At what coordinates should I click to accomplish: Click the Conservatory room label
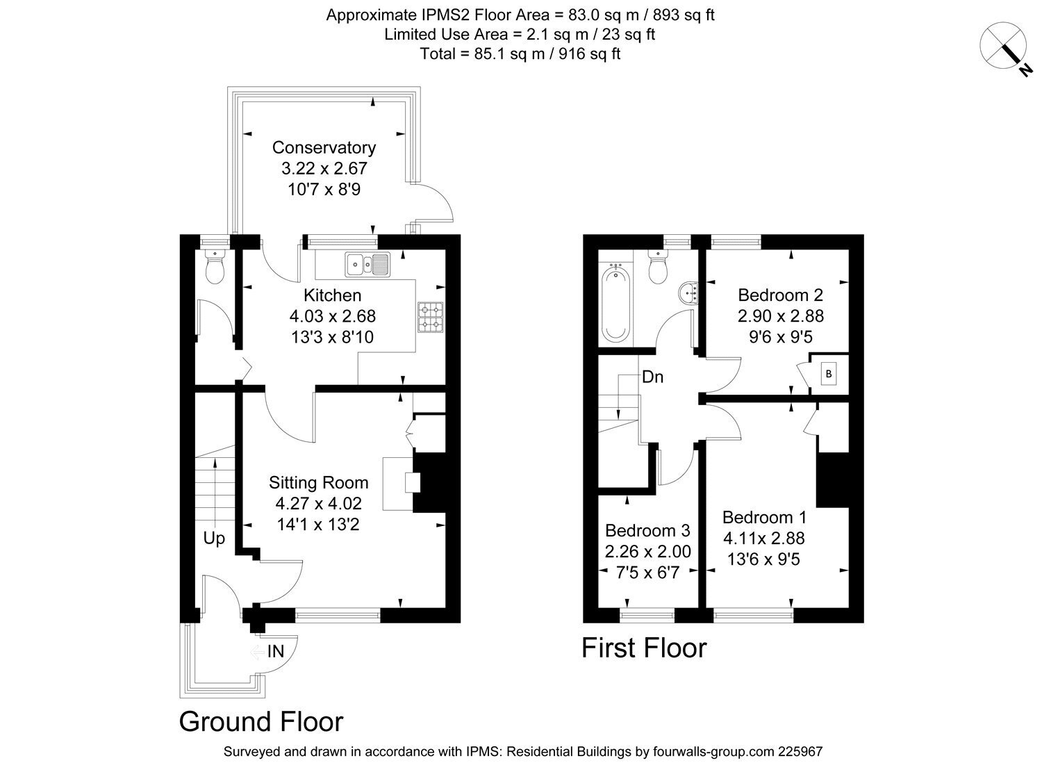pos(324,147)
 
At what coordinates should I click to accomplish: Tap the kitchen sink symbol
pos(367,265)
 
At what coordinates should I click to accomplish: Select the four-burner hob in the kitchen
pos(430,318)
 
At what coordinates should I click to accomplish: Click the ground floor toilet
pos(215,267)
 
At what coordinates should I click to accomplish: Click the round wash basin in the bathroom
pos(689,293)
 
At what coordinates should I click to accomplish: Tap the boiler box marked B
pos(829,374)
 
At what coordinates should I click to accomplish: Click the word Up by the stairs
pos(214,539)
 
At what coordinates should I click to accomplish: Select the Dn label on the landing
pos(653,377)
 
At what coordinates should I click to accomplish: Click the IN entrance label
pos(275,651)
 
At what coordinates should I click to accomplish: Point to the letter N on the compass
pos(1025,69)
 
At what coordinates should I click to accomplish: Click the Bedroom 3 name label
pos(647,530)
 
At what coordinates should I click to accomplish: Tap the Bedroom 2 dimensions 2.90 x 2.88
pos(781,316)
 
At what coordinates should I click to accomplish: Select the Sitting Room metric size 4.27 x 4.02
pos(319,503)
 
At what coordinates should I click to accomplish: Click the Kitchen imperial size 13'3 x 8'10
pos(332,337)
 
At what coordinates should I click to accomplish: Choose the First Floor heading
pos(644,648)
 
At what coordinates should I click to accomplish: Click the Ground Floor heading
pos(261,721)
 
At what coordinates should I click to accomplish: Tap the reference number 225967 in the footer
pos(800,752)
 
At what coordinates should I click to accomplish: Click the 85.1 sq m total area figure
pos(509,54)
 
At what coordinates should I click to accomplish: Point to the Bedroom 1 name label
pos(764,517)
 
